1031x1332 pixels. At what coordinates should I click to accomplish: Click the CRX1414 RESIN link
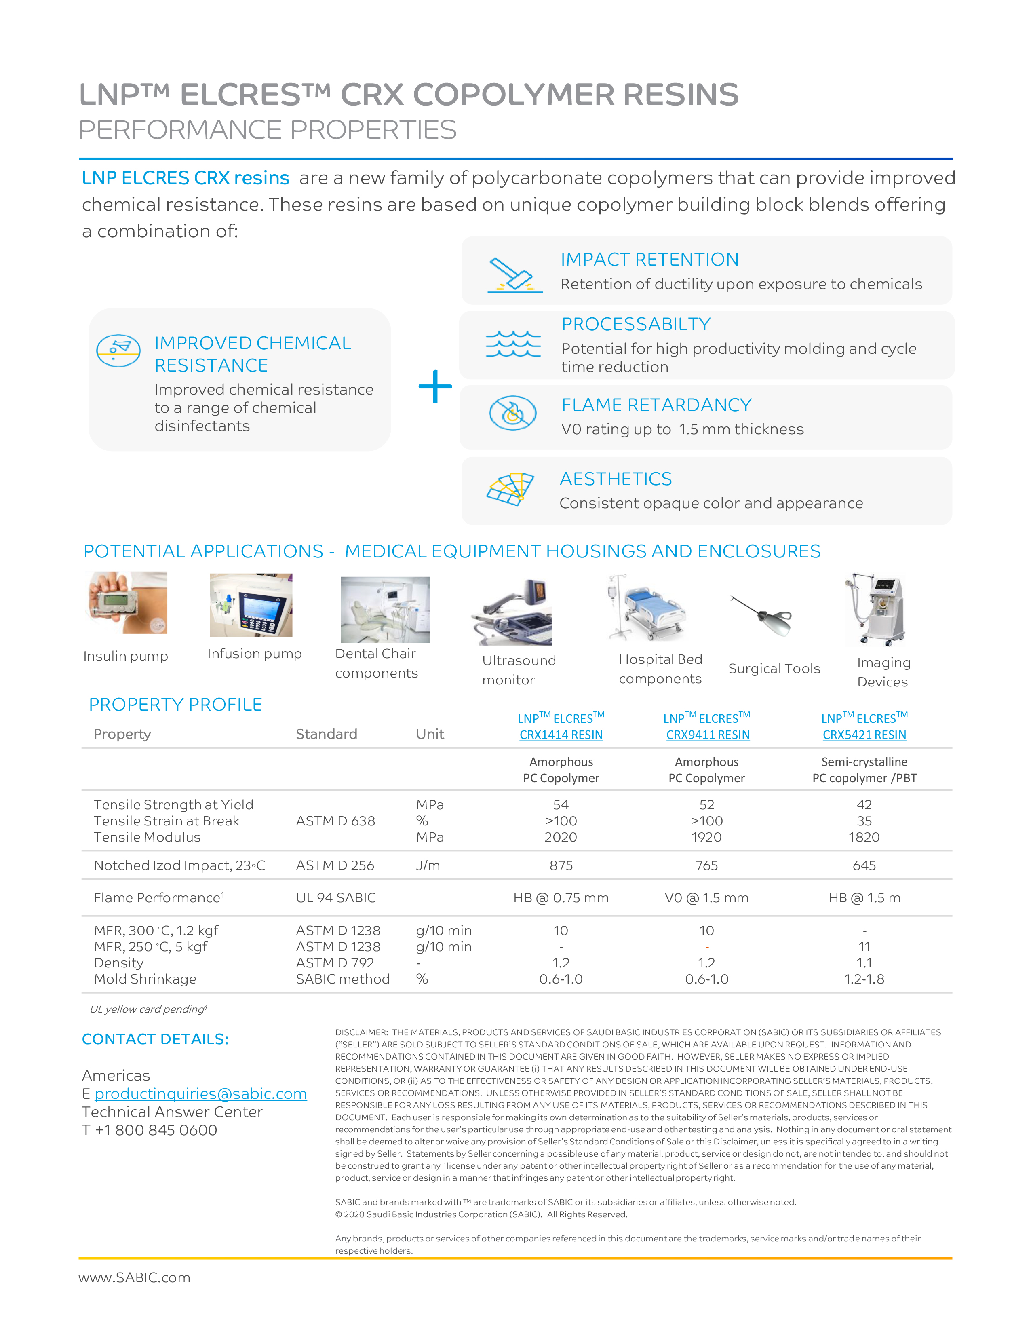pyautogui.click(x=561, y=735)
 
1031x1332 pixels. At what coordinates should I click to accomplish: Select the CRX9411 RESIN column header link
pyautogui.click(x=707, y=735)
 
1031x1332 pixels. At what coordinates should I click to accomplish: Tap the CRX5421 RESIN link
pyautogui.click(x=864, y=735)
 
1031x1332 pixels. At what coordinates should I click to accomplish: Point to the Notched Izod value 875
pyautogui.click(x=561, y=865)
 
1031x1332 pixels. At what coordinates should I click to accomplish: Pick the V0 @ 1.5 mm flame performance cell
pyautogui.click(x=706, y=898)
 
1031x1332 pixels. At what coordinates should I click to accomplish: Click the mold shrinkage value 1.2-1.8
pyautogui.click(x=864, y=979)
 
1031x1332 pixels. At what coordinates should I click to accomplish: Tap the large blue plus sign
pyautogui.click(x=435, y=387)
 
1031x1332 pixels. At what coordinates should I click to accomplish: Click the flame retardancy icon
pyautogui.click(x=513, y=413)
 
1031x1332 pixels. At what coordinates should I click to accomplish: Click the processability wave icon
pyautogui.click(x=513, y=344)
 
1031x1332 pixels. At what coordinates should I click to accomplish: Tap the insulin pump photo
pyautogui.click(x=127, y=603)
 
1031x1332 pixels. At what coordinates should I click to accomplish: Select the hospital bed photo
pyautogui.click(x=647, y=608)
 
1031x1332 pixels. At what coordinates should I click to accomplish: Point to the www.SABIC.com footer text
pyautogui.click(x=134, y=1278)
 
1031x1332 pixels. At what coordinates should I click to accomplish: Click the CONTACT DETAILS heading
pyautogui.click(x=156, y=1039)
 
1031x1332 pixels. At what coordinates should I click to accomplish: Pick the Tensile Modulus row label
pyautogui.click(x=147, y=837)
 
